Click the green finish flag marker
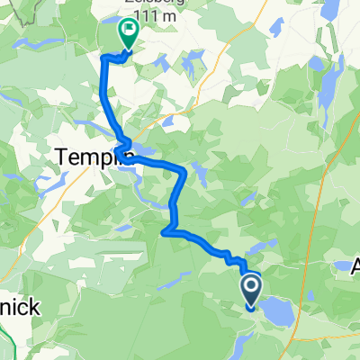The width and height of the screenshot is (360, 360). tap(127, 33)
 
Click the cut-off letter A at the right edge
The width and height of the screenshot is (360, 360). tap(354, 267)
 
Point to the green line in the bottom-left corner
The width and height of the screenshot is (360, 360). tap(7, 342)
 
